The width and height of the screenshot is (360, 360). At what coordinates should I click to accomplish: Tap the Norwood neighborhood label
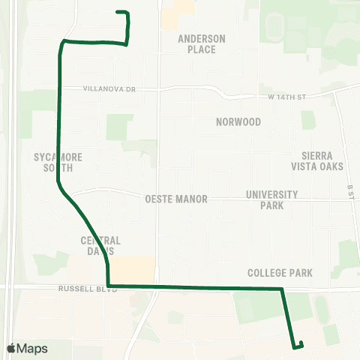238,121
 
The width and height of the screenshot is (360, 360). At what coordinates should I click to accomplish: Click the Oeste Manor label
175,199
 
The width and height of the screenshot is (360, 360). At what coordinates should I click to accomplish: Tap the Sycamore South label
58,162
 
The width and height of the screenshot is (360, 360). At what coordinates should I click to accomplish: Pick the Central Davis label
100,245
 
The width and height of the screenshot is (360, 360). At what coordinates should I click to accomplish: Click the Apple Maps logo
12,349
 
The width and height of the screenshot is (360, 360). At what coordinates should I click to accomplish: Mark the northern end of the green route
118,12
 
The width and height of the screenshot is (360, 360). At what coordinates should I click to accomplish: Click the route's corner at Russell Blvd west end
109,286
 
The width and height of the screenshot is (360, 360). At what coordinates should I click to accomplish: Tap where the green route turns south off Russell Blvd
282,288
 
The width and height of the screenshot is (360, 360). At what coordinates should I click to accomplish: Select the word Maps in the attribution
31,349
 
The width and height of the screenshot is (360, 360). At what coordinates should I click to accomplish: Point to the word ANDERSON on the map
202,38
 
